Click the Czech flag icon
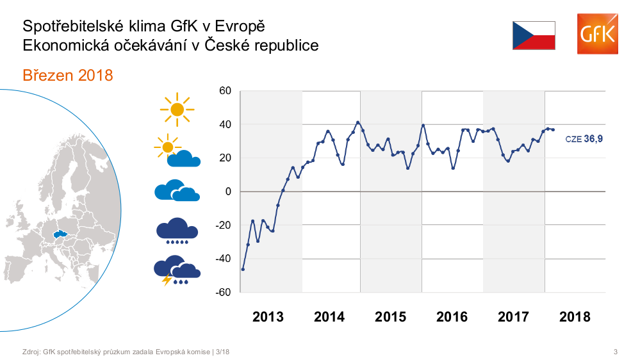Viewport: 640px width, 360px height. pyautogui.click(x=534, y=35)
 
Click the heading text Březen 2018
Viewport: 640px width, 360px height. pyautogui.click(x=67, y=76)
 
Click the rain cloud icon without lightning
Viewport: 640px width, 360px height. pyautogui.click(x=177, y=231)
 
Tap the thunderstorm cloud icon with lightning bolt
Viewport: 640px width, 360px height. pyautogui.click(x=177, y=270)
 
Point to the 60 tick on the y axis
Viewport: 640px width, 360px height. pyautogui.click(x=225, y=91)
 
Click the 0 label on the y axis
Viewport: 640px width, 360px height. pyautogui.click(x=227, y=192)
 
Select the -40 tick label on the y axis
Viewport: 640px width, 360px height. pyautogui.click(x=223, y=259)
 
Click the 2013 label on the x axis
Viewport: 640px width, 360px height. pyautogui.click(x=268, y=316)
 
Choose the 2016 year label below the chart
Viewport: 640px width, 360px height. pyautogui.click(x=452, y=316)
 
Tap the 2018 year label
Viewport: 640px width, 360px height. pyautogui.click(x=575, y=316)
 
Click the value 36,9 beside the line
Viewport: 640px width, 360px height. pyautogui.click(x=593, y=138)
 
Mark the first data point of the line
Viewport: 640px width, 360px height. pyautogui.click(x=243, y=269)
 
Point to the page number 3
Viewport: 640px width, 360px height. pyautogui.click(x=615, y=351)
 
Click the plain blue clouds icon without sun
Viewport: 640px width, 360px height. pyautogui.click(x=177, y=190)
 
